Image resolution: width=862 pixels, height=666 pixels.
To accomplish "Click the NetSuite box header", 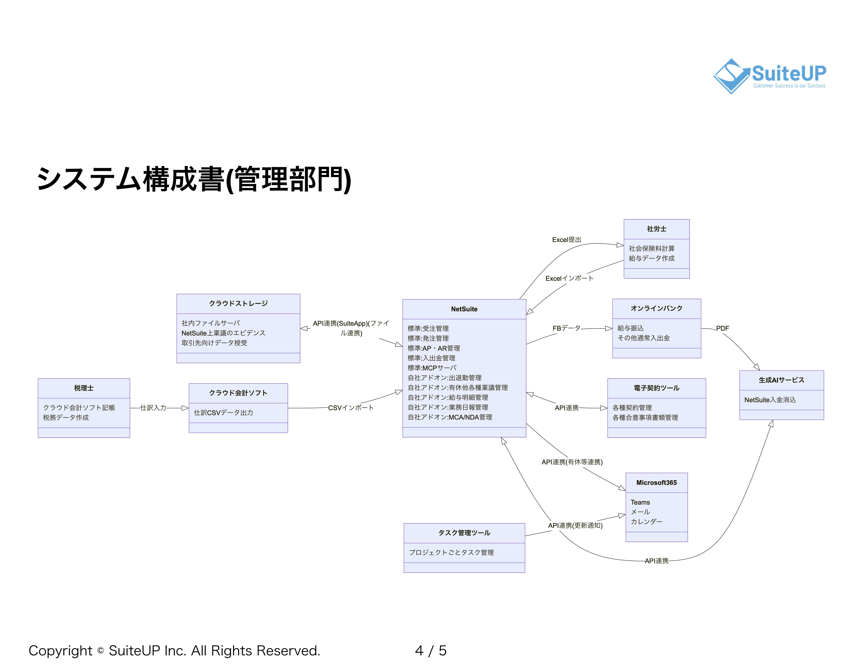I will pos(464,309).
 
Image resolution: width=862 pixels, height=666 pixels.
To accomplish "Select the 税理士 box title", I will pos(84,388).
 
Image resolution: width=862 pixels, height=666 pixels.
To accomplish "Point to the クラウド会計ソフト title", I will pos(238,393).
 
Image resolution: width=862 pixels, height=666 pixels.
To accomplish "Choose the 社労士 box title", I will pos(656,229).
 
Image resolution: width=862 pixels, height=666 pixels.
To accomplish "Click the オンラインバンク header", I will pos(656,308).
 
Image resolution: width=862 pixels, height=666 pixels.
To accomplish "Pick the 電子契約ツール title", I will pos(656,388).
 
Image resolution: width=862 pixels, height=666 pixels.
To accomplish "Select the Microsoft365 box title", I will pos(656,483).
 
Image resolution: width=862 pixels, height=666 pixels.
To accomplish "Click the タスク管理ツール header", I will pos(464,533).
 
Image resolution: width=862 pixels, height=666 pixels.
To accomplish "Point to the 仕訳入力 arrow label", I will pos(153,408).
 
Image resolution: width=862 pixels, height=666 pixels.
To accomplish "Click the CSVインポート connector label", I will pos(351,408).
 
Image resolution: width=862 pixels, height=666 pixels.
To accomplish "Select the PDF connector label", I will pos(722,328).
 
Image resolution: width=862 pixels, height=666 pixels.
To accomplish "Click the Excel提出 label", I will pos(566,239).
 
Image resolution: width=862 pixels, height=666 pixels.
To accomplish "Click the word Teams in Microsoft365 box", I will pos(640,502).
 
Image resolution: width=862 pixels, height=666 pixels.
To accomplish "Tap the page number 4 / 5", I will pos(431,651).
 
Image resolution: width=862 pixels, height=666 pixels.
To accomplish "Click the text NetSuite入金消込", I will pos(770,400).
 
